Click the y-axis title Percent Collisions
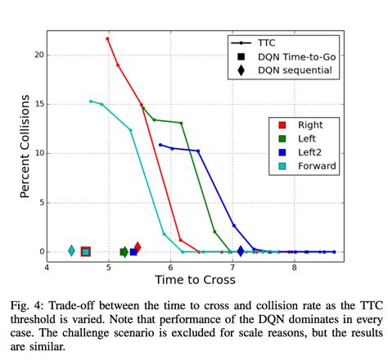point(25,146)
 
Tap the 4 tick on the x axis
point(47,266)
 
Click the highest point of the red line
point(107,38)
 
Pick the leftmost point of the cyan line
point(91,101)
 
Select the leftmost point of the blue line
point(160,145)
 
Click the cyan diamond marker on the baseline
point(71,251)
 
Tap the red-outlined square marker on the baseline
point(85,252)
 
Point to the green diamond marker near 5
point(124,252)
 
